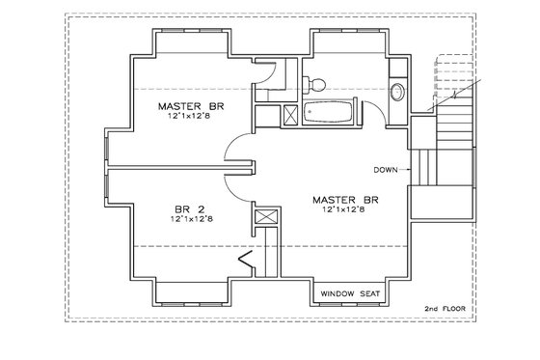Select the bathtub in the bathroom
pos(330,113)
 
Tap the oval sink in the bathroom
pos(397,93)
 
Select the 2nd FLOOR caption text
pos(444,309)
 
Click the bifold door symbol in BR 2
pos(245,260)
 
